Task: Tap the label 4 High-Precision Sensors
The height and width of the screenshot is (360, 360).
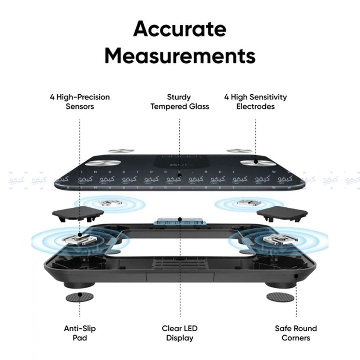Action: [x=80, y=102]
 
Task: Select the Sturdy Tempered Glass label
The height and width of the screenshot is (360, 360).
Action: [x=180, y=102]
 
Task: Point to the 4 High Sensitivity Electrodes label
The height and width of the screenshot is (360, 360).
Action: [x=256, y=102]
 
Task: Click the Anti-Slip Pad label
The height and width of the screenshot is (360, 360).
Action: [x=80, y=333]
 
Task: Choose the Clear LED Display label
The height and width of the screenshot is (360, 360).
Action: [x=180, y=333]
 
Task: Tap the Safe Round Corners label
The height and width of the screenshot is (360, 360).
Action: [x=296, y=333]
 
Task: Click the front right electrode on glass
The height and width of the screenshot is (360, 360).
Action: [x=256, y=162]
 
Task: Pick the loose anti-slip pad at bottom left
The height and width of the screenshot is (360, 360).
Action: [x=80, y=297]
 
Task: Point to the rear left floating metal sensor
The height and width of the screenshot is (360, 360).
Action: [x=110, y=203]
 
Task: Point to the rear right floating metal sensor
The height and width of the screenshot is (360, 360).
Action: [x=249, y=203]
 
